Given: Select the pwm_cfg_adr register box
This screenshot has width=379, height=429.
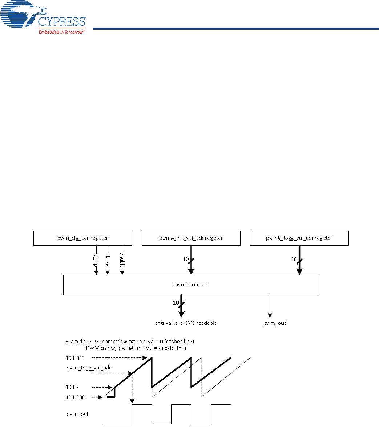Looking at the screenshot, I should (82, 238).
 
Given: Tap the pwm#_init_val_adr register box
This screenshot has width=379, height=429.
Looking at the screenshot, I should (191, 238).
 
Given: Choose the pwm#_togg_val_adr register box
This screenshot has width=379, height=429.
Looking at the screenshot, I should (299, 238).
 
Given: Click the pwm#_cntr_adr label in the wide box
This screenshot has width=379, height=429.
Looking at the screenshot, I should (191, 285).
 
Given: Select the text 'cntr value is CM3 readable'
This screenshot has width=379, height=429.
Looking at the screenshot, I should (185, 323).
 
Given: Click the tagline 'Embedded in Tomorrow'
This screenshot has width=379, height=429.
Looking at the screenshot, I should (61, 32).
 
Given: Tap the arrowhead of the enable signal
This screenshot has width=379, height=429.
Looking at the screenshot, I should (122, 273).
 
